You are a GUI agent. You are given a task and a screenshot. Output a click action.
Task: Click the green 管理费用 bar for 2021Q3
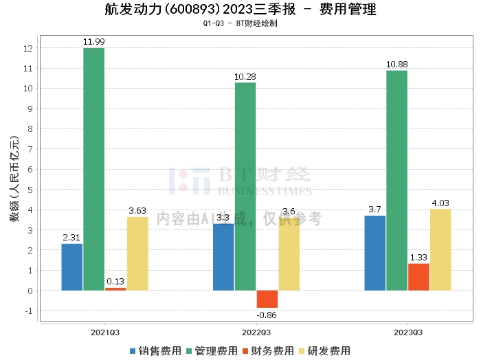click(94, 169)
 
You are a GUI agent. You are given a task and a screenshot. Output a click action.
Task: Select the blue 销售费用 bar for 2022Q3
click(223, 257)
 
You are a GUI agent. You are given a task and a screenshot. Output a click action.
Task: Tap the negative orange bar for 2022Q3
click(267, 299)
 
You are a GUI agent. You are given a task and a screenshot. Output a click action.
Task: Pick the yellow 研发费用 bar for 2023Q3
click(440, 249)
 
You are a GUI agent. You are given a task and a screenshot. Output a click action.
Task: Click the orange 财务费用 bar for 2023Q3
click(418, 277)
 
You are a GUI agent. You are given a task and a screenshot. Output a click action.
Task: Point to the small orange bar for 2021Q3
click(115, 289)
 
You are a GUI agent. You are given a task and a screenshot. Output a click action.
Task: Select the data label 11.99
click(94, 42)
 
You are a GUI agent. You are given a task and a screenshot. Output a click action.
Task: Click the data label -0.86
click(267, 315)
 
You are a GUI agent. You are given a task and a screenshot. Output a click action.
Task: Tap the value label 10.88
click(397, 65)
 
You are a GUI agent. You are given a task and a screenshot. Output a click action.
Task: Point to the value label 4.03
click(440, 203)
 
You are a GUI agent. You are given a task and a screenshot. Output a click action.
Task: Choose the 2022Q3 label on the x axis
click(256, 333)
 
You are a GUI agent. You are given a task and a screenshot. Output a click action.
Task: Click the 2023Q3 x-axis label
click(408, 333)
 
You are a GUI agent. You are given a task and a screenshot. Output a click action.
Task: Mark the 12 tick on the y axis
click(28, 48)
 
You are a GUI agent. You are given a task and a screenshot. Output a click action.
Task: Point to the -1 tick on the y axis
click(29, 311)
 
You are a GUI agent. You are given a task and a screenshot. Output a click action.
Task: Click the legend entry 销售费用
click(155, 351)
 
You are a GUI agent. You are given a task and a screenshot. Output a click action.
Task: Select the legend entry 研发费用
click(324, 351)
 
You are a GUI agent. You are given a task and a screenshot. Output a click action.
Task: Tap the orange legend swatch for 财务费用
click(245, 351)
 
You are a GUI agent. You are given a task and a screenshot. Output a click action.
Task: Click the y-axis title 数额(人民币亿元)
click(14, 179)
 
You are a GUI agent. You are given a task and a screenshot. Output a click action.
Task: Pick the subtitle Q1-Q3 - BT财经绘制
click(240, 23)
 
